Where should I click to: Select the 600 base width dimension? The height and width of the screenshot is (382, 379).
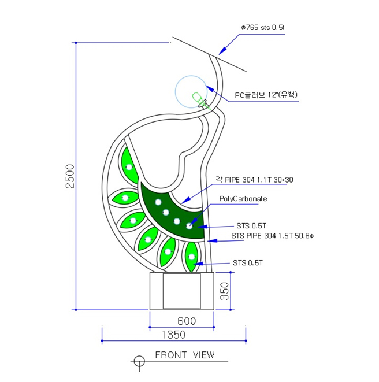point(187,321)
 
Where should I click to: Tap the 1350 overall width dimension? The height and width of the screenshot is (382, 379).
point(173,335)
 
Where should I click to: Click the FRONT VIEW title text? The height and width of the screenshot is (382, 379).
point(185,355)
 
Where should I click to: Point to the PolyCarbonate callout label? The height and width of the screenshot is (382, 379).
point(243,198)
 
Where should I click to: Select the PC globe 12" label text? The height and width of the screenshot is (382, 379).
point(266,95)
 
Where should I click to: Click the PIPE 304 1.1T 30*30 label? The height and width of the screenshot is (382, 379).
point(254,180)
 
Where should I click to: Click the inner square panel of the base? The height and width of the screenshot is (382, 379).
point(181,291)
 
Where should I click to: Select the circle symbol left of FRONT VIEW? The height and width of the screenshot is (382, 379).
point(139,361)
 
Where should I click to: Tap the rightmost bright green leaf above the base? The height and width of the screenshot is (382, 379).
point(191,256)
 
